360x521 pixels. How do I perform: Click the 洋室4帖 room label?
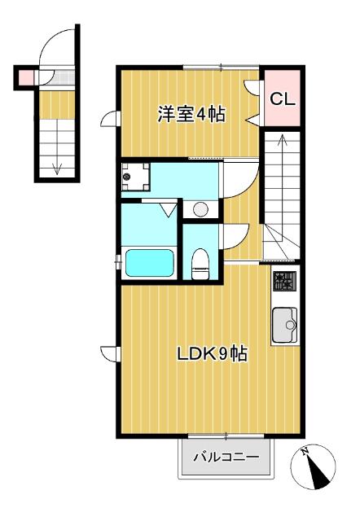click(x=191, y=114)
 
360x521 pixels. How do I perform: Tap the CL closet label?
click(x=282, y=99)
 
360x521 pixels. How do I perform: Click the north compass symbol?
click(x=312, y=468)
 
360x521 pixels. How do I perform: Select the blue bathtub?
click(x=148, y=264)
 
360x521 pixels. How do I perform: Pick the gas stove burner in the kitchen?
click(x=283, y=282)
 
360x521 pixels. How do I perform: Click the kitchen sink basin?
click(x=285, y=326)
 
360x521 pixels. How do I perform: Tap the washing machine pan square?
click(x=134, y=176)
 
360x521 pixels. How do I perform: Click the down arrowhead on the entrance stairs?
click(x=57, y=169)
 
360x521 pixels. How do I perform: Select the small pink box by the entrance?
click(x=24, y=77)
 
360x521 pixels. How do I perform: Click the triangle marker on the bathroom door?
click(x=169, y=211)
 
